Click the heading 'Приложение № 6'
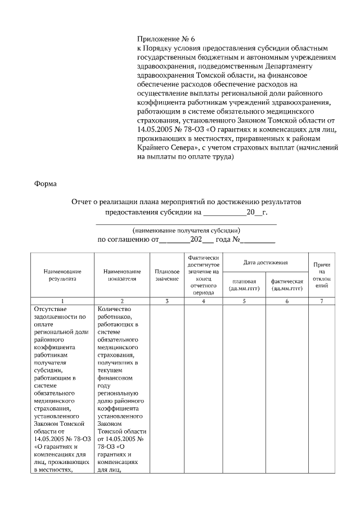tap(165, 39)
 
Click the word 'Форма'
tap(45, 183)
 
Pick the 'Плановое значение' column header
tap(166, 274)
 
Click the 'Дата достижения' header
tap(265, 263)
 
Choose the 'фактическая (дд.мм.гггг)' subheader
tap(287, 285)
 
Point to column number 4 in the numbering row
tap(203, 301)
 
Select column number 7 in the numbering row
tap(322, 301)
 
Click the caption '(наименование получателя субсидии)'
tap(187, 231)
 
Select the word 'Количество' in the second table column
tap(114, 309)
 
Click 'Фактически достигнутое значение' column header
tap(203, 274)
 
